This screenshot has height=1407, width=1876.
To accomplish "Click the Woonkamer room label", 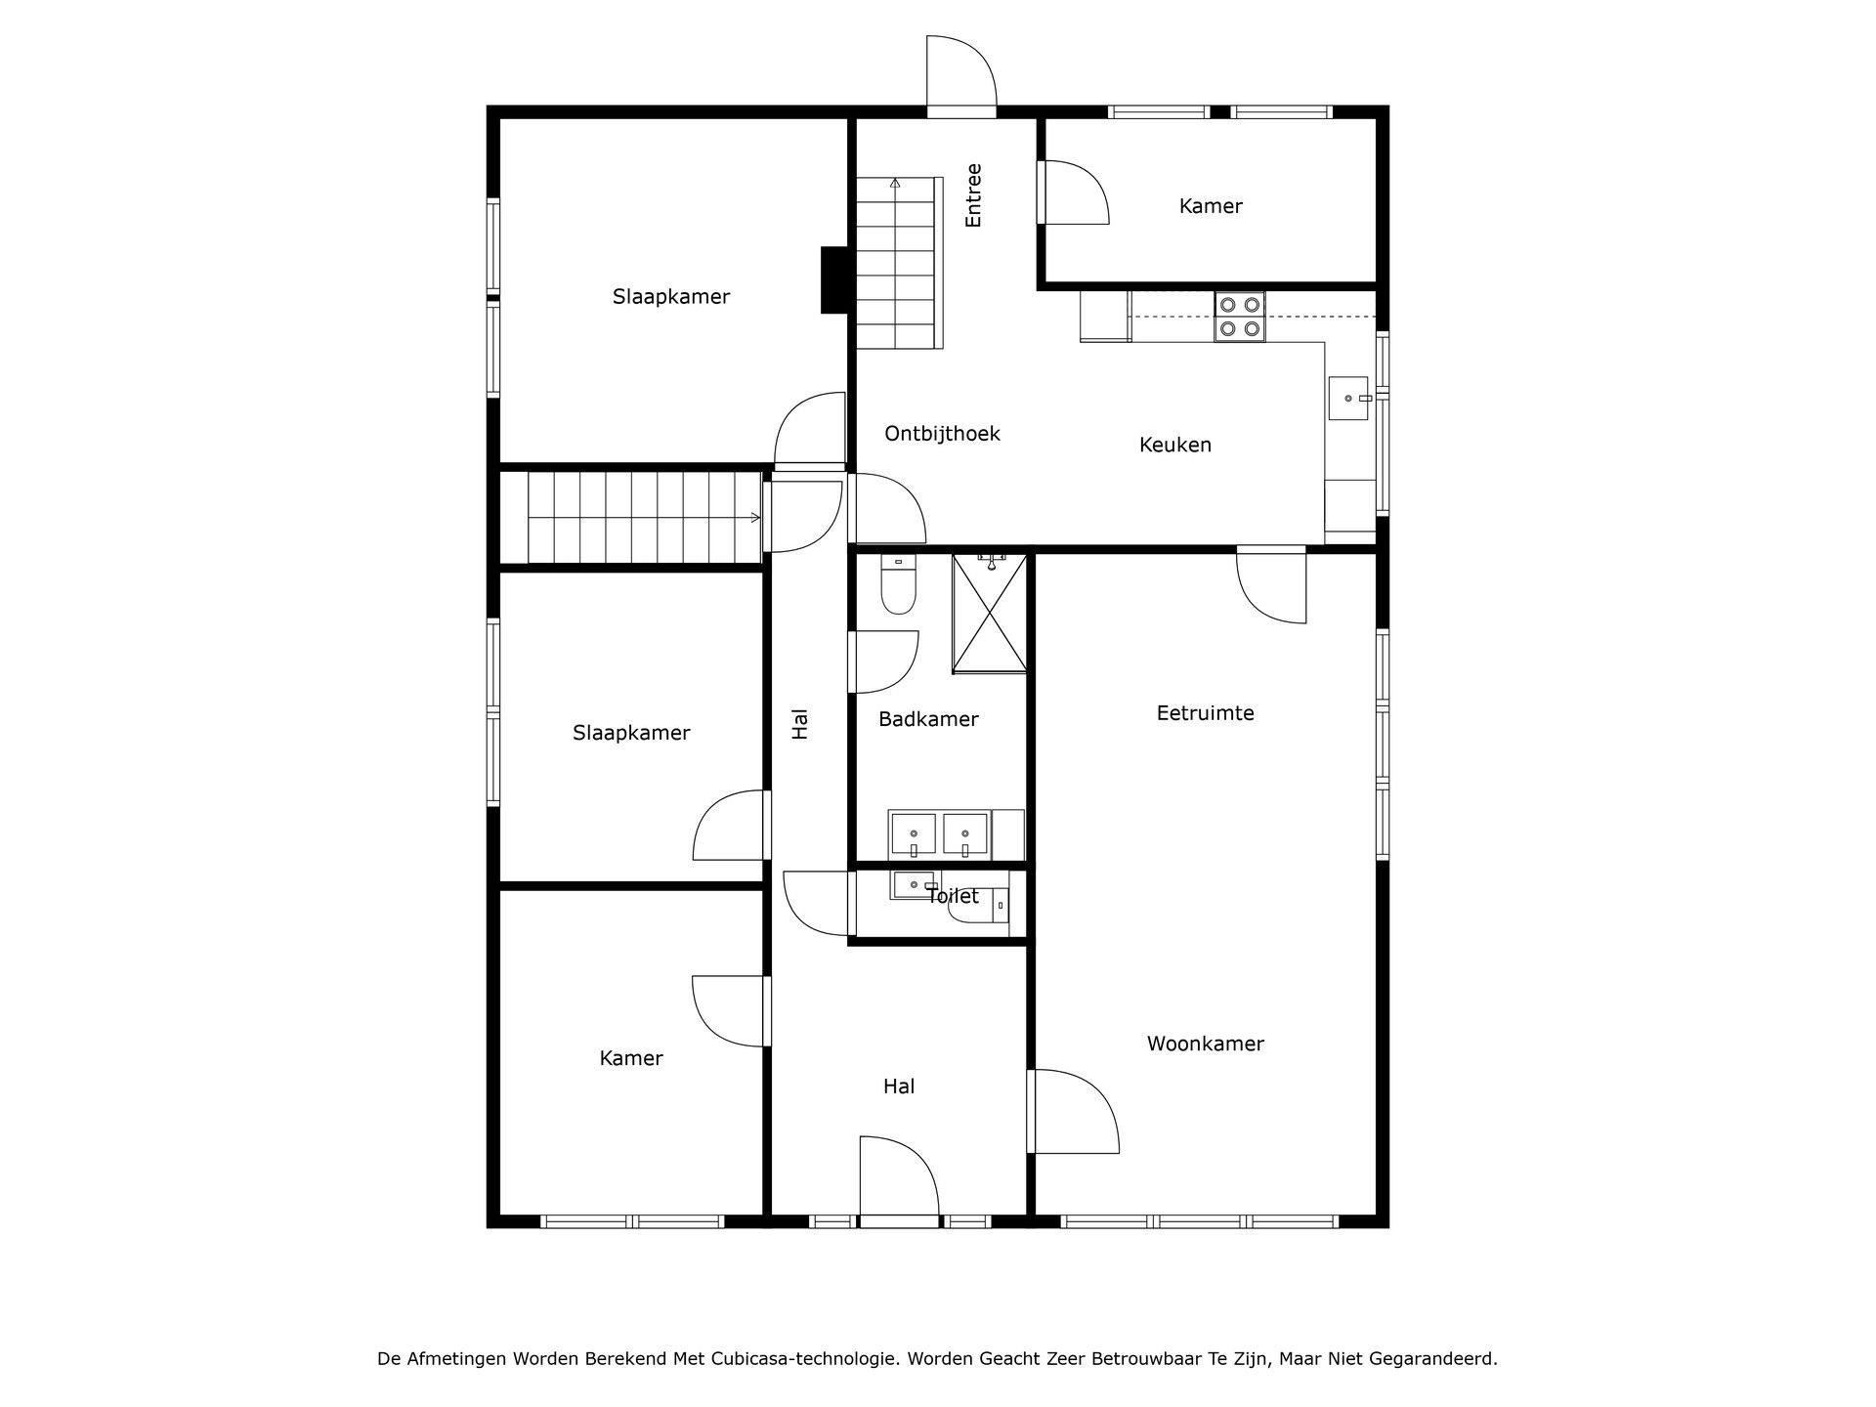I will (1205, 1044).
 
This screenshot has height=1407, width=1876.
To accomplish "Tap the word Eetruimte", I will (1205, 713).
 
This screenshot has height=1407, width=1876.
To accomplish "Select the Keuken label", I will (1174, 445).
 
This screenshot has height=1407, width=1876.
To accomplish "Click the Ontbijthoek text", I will (942, 433).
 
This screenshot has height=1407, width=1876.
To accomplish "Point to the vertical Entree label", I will (973, 195).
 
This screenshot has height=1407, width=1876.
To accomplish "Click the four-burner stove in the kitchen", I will (1239, 317).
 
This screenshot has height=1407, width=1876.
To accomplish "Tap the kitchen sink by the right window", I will (1348, 399).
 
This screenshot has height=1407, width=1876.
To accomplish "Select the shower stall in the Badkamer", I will (990, 613).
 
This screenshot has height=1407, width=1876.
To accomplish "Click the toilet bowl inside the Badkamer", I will (897, 586).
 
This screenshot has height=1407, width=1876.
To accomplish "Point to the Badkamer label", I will (927, 719).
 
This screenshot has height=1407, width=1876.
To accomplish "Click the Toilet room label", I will (952, 896).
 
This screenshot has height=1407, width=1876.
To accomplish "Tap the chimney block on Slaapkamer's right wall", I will (833, 280).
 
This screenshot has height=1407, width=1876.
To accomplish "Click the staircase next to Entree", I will (899, 264).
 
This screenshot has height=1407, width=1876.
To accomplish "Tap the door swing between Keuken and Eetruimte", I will (1270, 584).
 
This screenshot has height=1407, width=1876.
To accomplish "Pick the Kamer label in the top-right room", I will (1210, 206).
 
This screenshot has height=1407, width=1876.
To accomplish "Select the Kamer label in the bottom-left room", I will (630, 1058).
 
